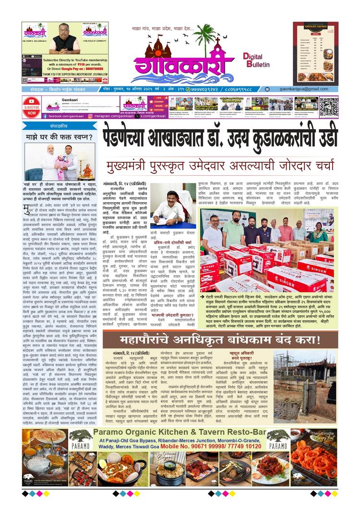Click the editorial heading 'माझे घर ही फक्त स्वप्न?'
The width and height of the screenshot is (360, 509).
58,137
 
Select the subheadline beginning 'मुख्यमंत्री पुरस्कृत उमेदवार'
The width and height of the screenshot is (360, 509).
220,166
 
